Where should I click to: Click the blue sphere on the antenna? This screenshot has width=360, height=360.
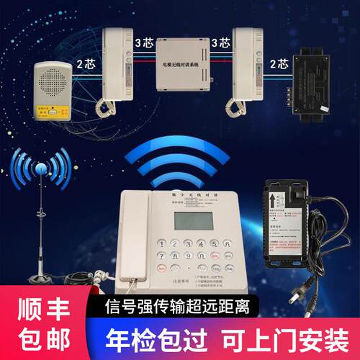[40, 168]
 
